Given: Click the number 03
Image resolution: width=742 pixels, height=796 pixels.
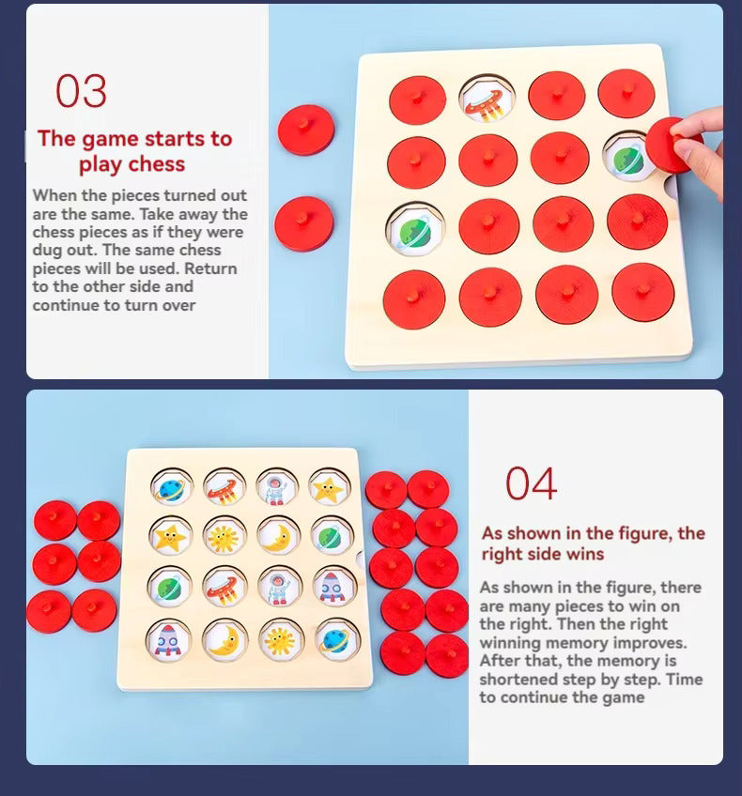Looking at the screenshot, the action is point(82,90).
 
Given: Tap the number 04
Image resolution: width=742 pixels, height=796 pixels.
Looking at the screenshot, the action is point(532,483).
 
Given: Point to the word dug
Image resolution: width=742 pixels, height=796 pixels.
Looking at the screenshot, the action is point(48,251).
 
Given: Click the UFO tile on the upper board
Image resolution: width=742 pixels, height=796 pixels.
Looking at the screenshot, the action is point(487,99).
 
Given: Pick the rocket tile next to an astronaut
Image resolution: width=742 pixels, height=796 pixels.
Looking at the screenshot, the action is point(333,587).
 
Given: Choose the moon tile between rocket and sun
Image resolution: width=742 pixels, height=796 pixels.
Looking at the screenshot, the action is point(224,641).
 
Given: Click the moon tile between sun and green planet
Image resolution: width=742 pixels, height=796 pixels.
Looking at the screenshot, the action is point(278,537).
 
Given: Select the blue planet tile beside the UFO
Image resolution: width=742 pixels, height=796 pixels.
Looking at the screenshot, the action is point(172,487).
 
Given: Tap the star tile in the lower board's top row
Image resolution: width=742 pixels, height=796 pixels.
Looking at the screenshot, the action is point(329,488).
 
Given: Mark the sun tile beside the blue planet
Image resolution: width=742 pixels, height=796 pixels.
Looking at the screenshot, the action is point(280,640).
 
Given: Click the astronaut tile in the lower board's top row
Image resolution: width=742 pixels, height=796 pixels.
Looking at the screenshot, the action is point(276,488).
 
